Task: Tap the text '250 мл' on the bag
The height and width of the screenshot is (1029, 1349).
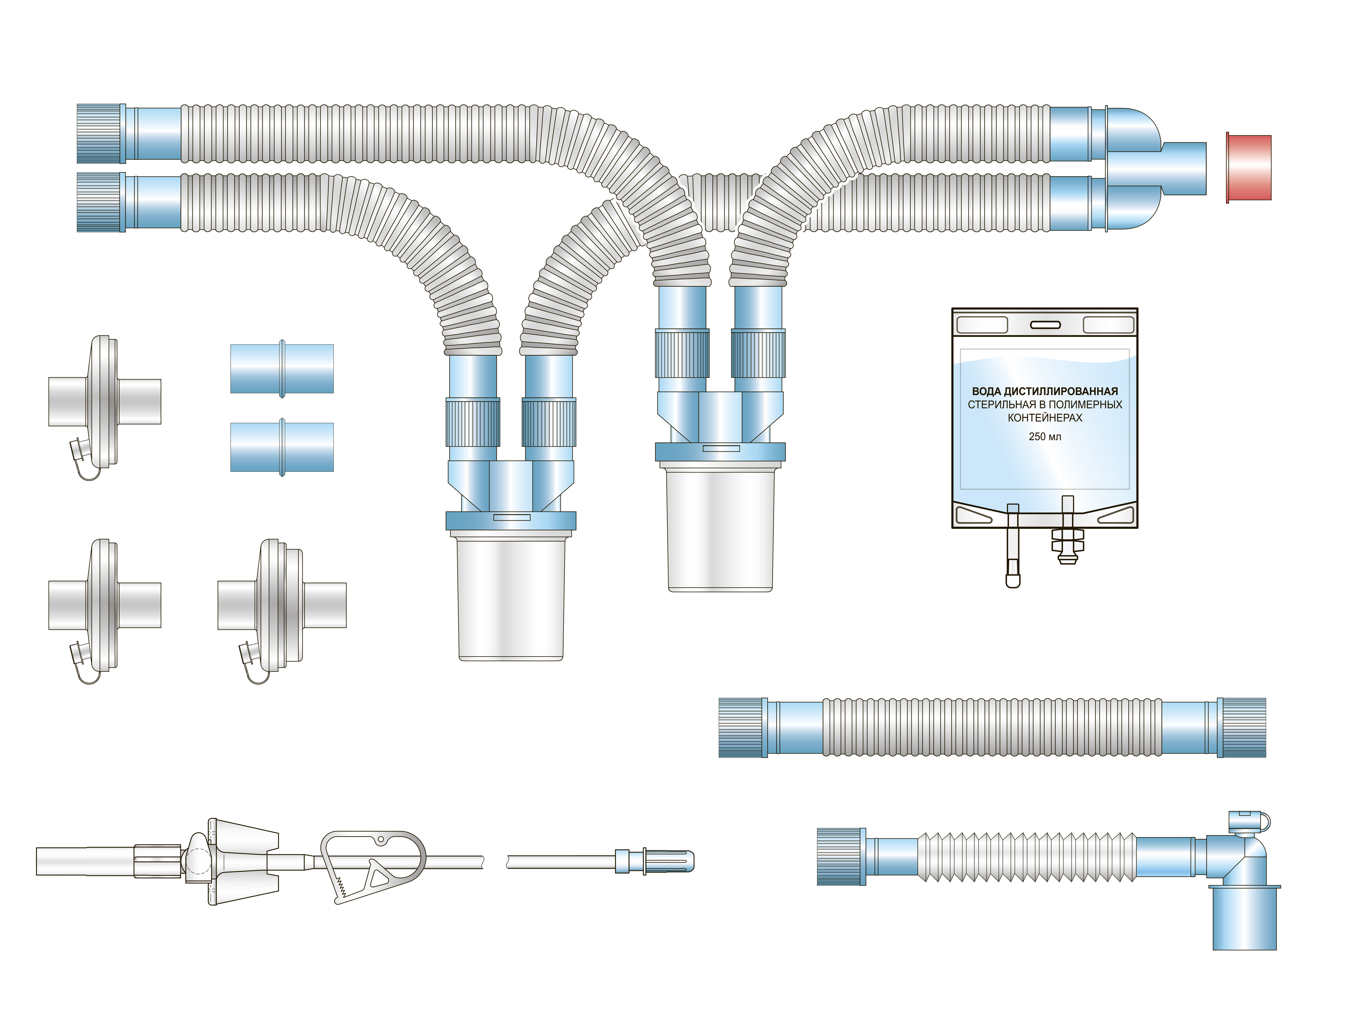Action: click(x=1045, y=437)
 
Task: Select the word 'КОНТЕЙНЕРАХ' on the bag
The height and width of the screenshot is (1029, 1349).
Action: click(x=1045, y=418)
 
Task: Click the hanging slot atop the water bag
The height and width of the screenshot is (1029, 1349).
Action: click(x=1045, y=325)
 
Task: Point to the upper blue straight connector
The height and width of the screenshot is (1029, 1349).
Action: click(x=282, y=369)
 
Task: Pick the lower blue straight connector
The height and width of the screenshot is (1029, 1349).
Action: click(x=282, y=447)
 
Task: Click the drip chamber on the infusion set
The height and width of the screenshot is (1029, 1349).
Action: click(x=243, y=861)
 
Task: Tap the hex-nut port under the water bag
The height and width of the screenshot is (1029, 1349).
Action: click(x=1067, y=531)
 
